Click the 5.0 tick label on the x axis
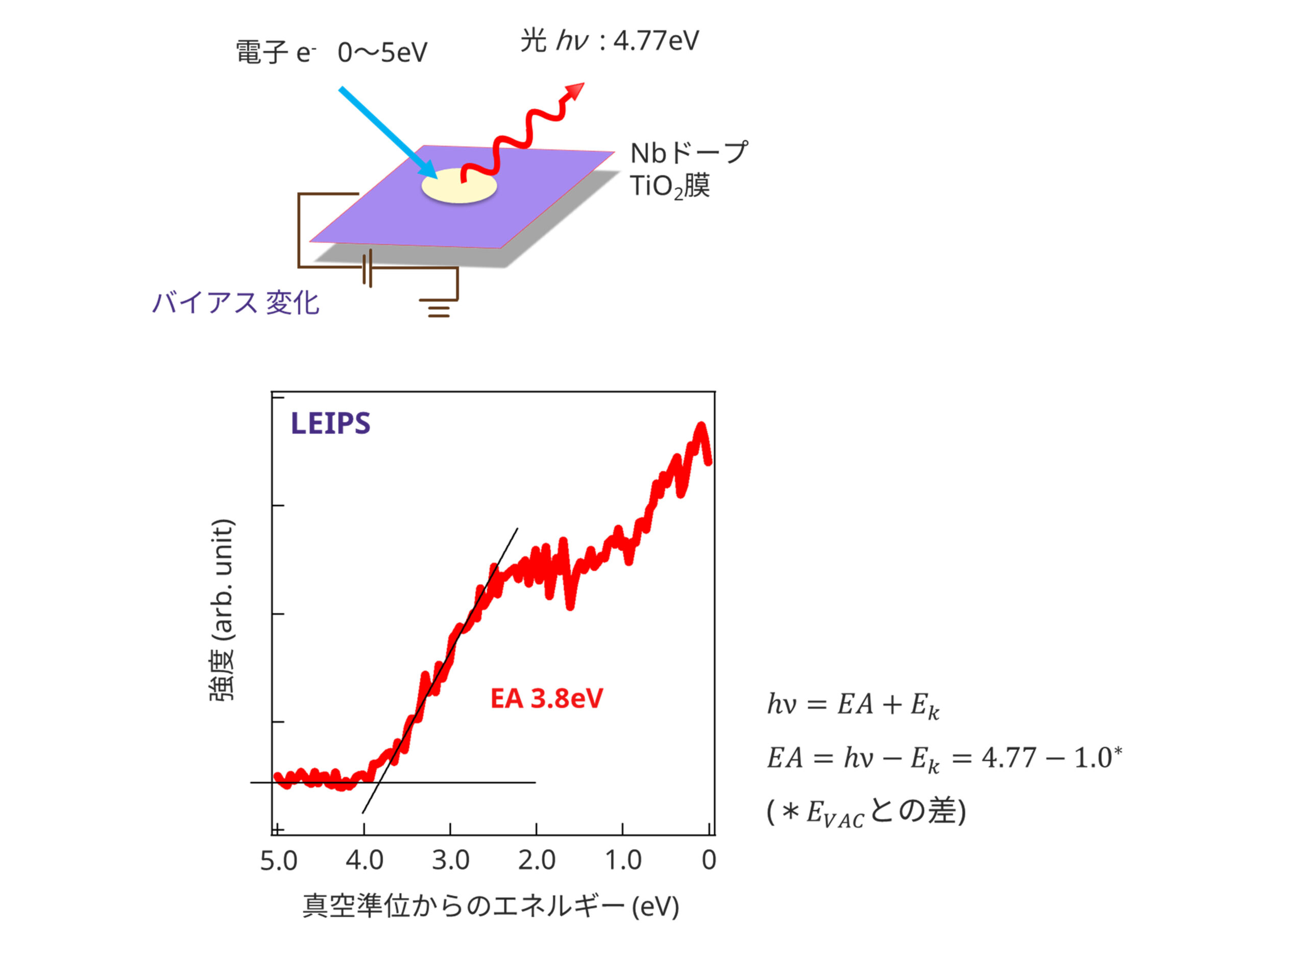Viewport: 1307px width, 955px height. click(278, 861)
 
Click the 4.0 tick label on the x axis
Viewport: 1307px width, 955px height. click(364, 860)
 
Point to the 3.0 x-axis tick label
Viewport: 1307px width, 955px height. click(450, 860)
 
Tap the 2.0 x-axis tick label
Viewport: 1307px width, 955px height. click(537, 860)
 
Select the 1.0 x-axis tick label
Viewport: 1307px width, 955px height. click(622, 860)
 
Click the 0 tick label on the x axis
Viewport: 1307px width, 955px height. click(709, 860)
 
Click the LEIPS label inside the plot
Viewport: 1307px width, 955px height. click(330, 423)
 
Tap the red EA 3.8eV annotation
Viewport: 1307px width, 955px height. click(546, 698)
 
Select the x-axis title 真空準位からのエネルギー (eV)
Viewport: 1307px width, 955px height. click(491, 907)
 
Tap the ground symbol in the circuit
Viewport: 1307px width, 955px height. click(439, 308)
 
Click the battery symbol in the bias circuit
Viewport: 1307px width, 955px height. click(367, 267)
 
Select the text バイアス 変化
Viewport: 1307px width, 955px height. click(235, 303)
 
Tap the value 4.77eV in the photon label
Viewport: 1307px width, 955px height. click(656, 41)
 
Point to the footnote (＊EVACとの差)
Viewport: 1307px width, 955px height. click(865, 812)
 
